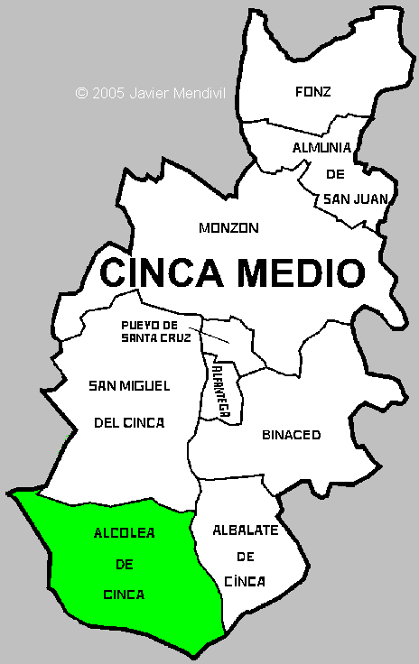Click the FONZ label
(x=312, y=91)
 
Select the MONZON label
(x=228, y=228)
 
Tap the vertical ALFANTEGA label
(x=219, y=386)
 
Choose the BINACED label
(x=291, y=435)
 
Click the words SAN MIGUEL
(x=129, y=386)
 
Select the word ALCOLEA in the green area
(x=125, y=533)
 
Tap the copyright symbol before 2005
(x=81, y=93)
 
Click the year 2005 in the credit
(x=107, y=93)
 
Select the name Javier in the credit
(x=149, y=93)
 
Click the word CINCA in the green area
(x=125, y=595)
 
